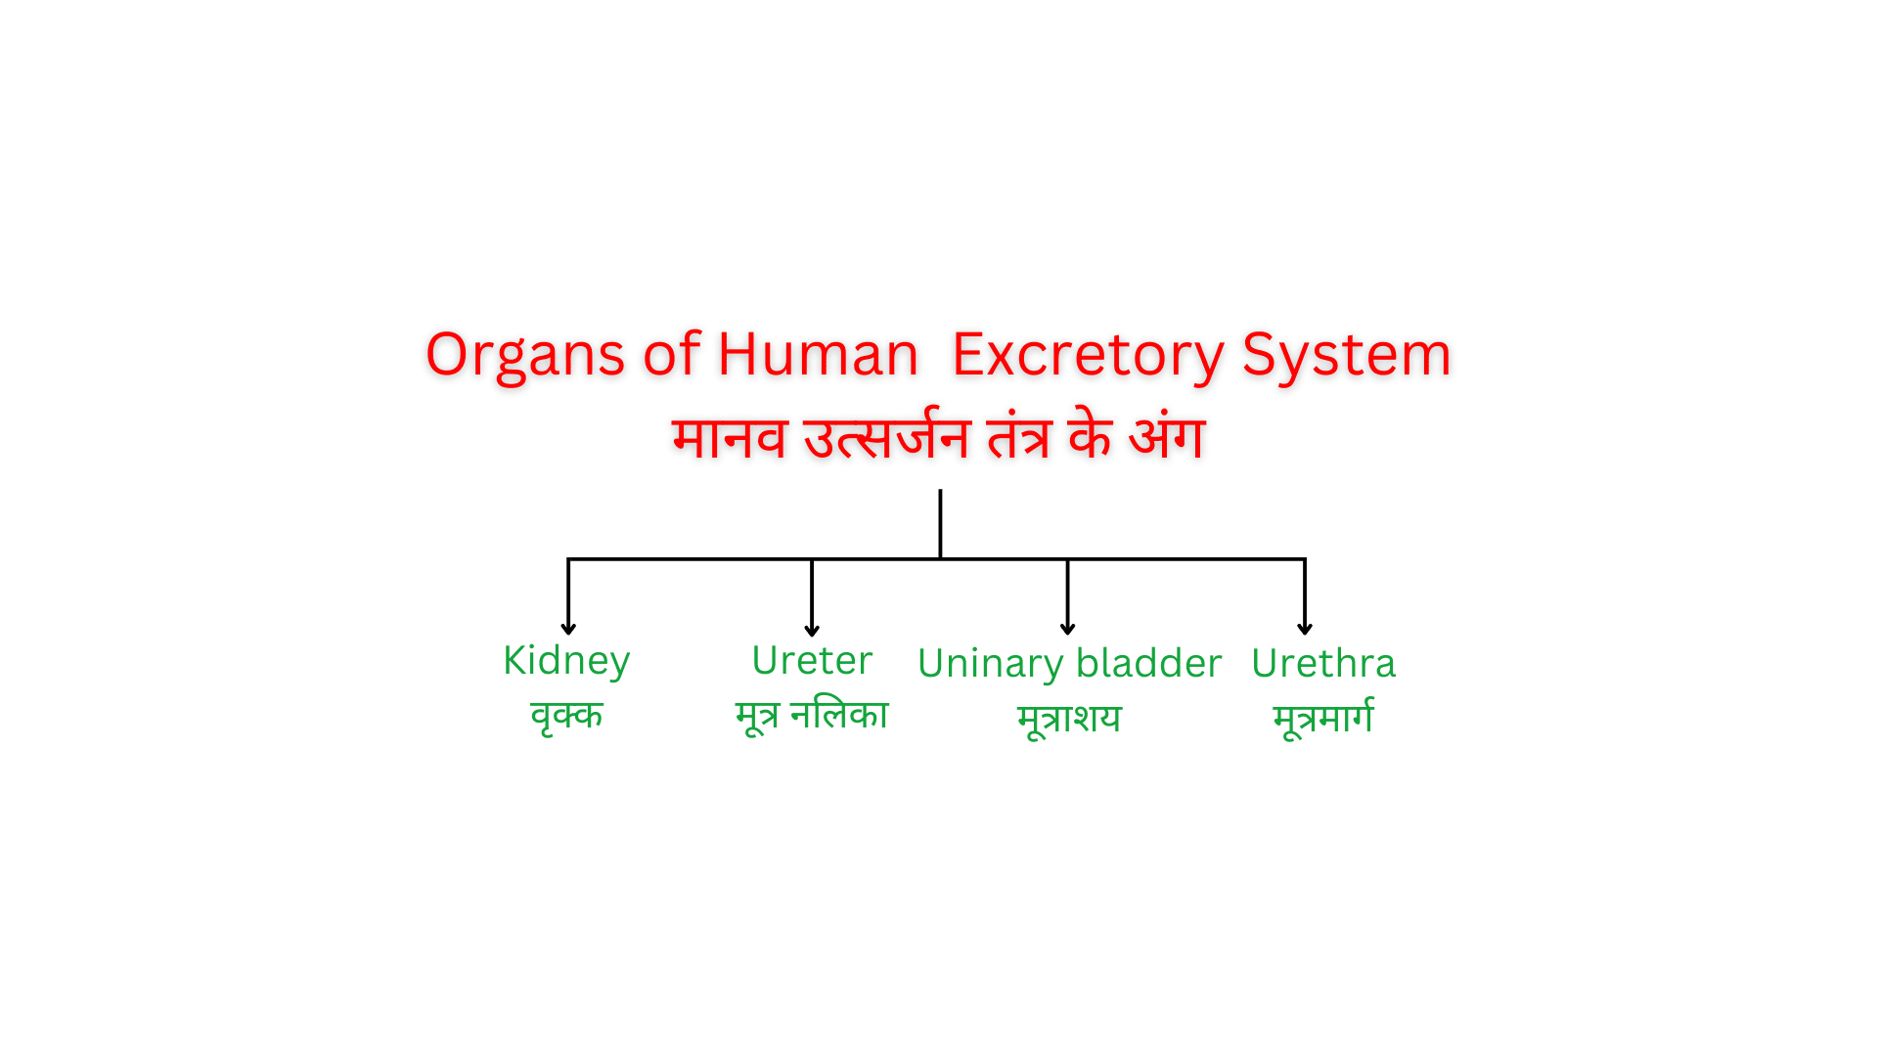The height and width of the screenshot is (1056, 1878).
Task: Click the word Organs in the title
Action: point(524,355)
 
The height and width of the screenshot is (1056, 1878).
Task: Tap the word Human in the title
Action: point(818,353)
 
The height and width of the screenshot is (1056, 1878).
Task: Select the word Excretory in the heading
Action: point(1087,355)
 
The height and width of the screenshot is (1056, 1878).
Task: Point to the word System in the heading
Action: point(1346,355)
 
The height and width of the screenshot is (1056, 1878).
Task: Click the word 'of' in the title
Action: point(672,353)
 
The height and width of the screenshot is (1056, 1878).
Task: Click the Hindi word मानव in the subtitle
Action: point(730,437)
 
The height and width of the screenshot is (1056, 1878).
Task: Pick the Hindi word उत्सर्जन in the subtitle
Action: point(886,437)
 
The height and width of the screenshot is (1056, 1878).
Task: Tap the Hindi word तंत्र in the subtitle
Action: point(1019,437)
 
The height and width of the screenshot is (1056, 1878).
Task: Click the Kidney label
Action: point(566,662)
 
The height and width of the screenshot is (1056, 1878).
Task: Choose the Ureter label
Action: point(812,661)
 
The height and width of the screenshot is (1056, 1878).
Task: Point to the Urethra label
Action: point(1322,664)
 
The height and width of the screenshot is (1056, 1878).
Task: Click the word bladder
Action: point(1151,664)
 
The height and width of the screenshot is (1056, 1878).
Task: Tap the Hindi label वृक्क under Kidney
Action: point(566,717)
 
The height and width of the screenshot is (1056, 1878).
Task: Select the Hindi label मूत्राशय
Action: point(1069,719)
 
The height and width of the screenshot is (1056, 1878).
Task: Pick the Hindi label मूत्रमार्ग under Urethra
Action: point(1323,719)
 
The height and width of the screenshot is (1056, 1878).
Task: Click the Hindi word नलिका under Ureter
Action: point(839,715)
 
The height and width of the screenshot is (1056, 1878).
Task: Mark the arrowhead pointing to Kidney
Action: point(568,629)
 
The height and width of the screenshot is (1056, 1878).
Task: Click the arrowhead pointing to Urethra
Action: point(1304,629)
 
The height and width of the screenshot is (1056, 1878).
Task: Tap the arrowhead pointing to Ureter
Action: point(812,630)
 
